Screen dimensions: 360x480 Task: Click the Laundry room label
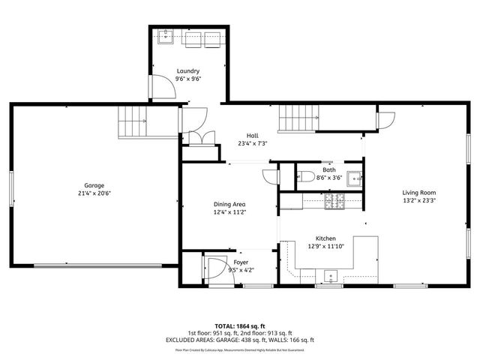[188, 71]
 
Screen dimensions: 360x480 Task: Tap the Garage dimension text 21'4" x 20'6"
[94, 193]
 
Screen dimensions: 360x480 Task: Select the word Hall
[253, 136]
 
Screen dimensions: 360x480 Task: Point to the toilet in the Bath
[304, 178]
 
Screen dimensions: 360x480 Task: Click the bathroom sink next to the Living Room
[355, 178]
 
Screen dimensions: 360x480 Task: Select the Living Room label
[418, 193]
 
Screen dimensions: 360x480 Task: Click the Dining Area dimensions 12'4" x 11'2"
[229, 212]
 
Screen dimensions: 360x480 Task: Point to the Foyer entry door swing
[217, 268]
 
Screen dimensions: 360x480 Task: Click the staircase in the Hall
[299, 118]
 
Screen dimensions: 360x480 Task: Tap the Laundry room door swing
[163, 88]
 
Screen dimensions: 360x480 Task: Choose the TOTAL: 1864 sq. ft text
[240, 325]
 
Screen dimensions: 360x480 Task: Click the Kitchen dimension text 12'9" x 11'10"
[325, 245]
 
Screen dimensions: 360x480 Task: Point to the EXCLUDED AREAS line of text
[240, 340]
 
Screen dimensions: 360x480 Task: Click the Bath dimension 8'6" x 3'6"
[329, 178]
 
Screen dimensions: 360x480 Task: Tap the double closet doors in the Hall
[200, 139]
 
